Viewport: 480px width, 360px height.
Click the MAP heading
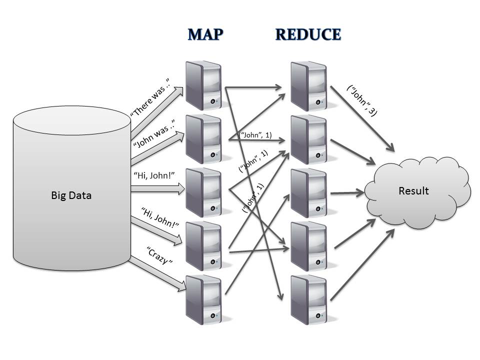(x=205, y=34)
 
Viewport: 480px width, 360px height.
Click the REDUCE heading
(x=308, y=34)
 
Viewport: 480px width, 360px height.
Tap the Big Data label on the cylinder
(x=71, y=195)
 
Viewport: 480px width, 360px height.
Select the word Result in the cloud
(x=413, y=190)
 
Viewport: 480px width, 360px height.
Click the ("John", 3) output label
(x=361, y=100)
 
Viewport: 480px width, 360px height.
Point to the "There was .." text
(x=150, y=97)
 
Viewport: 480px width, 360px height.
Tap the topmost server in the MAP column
(x=202, y=85)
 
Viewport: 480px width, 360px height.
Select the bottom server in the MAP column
(x=202, y=300)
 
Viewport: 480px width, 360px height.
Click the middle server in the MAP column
(x=202, y=192)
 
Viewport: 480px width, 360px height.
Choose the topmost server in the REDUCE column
(x=308, y=85)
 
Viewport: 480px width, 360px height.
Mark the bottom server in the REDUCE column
(x=308, y=300)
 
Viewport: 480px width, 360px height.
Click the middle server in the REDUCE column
(x=308, y=192)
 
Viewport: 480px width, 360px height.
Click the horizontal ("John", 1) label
(x=255, y=134)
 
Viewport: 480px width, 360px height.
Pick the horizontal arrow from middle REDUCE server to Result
(x=347, y=192)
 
